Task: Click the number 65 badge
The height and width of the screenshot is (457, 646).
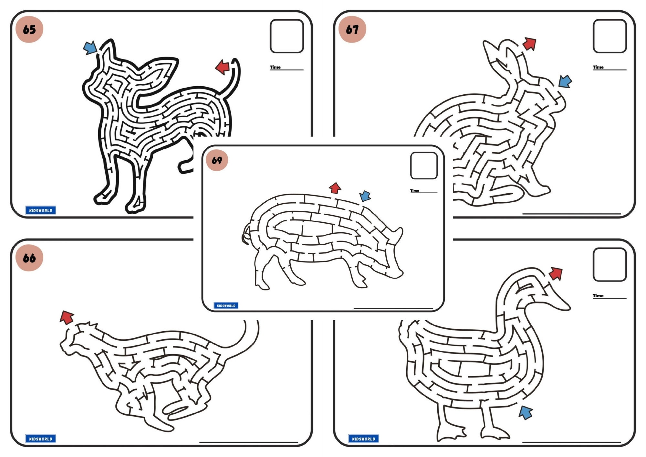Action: (x=29, y=29)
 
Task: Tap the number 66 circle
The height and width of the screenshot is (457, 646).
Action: (x=29, y=258)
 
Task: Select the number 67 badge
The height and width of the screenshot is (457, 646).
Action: (x=352, y=29)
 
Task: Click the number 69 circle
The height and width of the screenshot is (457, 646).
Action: (x=217, y=160)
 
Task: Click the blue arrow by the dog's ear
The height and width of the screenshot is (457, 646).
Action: (x=90, y=48)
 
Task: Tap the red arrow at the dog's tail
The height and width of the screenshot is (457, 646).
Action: (x=223, y=67)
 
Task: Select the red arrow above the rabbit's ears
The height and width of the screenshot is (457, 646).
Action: (x=529, y=44)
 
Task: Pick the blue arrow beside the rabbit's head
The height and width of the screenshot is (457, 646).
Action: (x=565, y=81)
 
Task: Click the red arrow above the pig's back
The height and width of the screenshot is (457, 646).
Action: (x=335, y=188)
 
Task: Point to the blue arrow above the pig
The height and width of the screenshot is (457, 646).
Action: (x=365, y=196)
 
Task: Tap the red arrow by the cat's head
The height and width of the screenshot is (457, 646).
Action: (x=67, y=317)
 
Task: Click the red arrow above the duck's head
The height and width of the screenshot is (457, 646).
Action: (x=556, y=273)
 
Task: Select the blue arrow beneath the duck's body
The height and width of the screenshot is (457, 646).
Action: (x=526, y=413)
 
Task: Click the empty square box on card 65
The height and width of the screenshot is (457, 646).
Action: (x=287, y=36)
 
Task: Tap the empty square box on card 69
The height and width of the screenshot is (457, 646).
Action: (x=424, y=166)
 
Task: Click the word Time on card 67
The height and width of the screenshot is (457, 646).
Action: (x=598, y=67)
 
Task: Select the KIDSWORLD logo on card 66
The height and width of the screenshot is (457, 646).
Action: (x=41, y=439)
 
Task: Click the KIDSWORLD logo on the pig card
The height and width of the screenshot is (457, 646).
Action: (x=226, y=305)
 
